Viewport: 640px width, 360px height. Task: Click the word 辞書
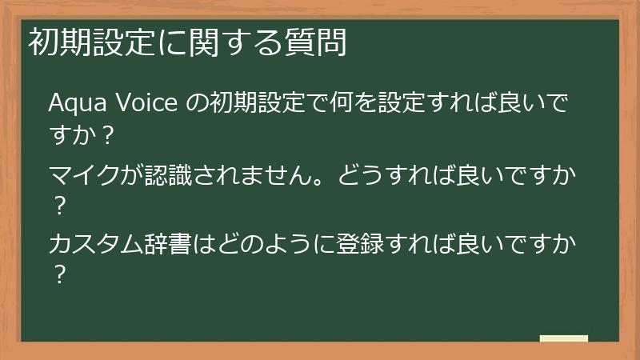(172, 242)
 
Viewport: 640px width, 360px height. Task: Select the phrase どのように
(258, 242)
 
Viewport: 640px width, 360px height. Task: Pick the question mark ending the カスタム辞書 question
(58, 273)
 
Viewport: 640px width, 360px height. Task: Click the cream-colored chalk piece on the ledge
(563, 338)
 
